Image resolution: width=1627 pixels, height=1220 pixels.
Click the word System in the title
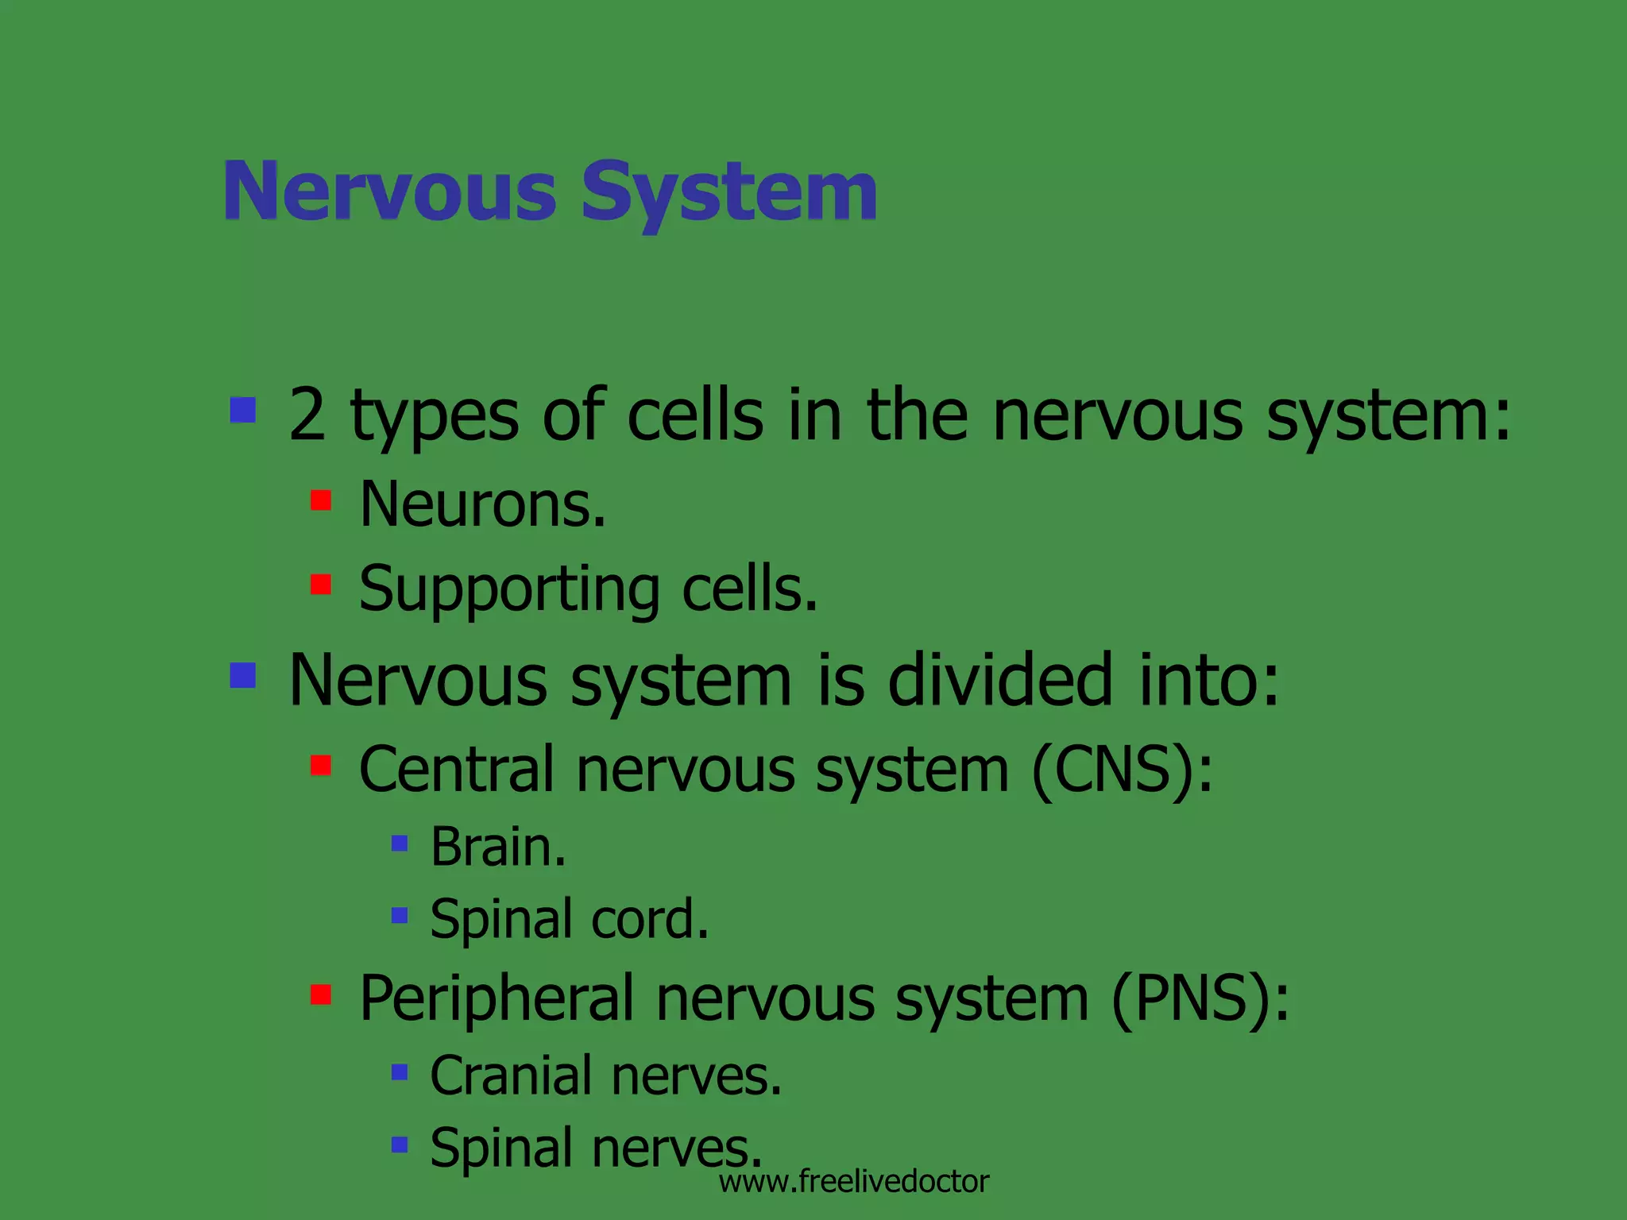coord(729,193)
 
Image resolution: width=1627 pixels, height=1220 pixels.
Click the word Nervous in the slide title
coord(390,193)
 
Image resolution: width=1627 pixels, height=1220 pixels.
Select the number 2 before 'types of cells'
coord(307,415)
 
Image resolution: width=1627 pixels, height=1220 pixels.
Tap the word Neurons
coord(482,504)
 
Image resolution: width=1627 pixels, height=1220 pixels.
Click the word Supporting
coord(508,590)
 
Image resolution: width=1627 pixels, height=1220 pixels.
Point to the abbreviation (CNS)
coord(1123,769)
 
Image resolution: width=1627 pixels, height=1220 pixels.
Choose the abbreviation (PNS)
coord(1200,998)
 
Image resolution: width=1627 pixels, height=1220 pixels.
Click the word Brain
coord(498,847)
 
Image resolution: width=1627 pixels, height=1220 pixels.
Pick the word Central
coord(457,769)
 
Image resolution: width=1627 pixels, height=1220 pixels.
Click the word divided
coord(999,680)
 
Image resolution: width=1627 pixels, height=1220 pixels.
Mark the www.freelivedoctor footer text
coord(854,1182)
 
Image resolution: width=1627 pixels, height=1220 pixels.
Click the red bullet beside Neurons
coord(321,500)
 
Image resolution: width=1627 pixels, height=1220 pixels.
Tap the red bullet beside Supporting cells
coord(321,585)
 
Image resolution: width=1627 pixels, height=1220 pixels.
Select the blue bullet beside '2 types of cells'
coord(243,410)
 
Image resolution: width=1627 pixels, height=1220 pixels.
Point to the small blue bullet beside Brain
coord(400,843)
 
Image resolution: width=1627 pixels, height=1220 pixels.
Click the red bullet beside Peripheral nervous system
coord(321,994)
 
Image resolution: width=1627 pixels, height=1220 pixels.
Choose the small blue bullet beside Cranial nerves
coord(400,1072)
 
